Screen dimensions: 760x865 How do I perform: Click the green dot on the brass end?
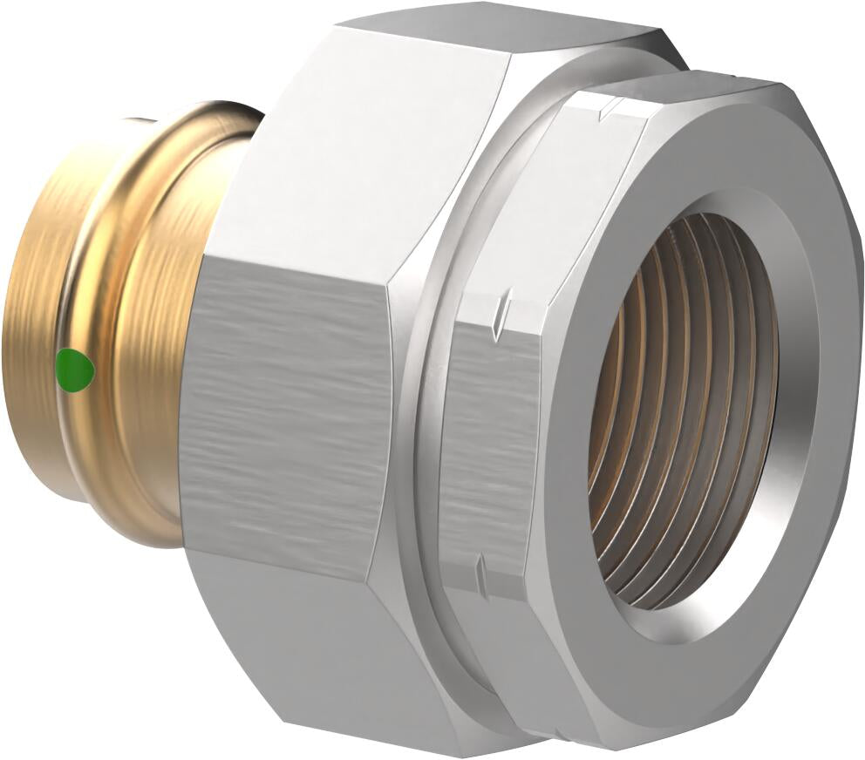click(x=74, y=368)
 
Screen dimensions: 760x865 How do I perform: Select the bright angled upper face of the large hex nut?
click(x=366, y=148)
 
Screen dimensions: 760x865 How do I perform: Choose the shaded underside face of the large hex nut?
click(x=314, y=662)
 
